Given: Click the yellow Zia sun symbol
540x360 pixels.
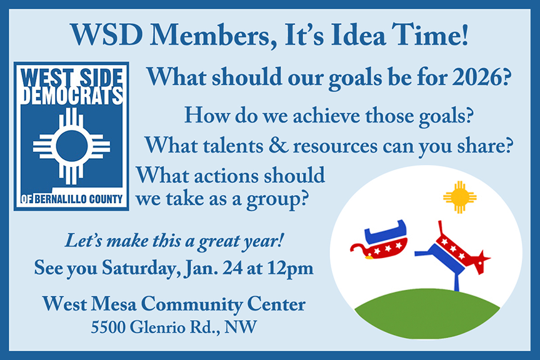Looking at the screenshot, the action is [460, 197].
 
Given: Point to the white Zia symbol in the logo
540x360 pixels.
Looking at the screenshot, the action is [72, 146].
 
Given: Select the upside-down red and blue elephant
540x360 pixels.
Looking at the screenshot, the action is [379, 240].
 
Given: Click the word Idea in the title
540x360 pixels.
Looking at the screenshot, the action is [358, 35].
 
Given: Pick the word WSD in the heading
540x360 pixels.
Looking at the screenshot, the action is [107, 35].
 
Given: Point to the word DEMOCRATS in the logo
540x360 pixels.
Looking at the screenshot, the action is [72, 96].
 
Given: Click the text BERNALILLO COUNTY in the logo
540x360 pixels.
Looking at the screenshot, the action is [79, 199].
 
